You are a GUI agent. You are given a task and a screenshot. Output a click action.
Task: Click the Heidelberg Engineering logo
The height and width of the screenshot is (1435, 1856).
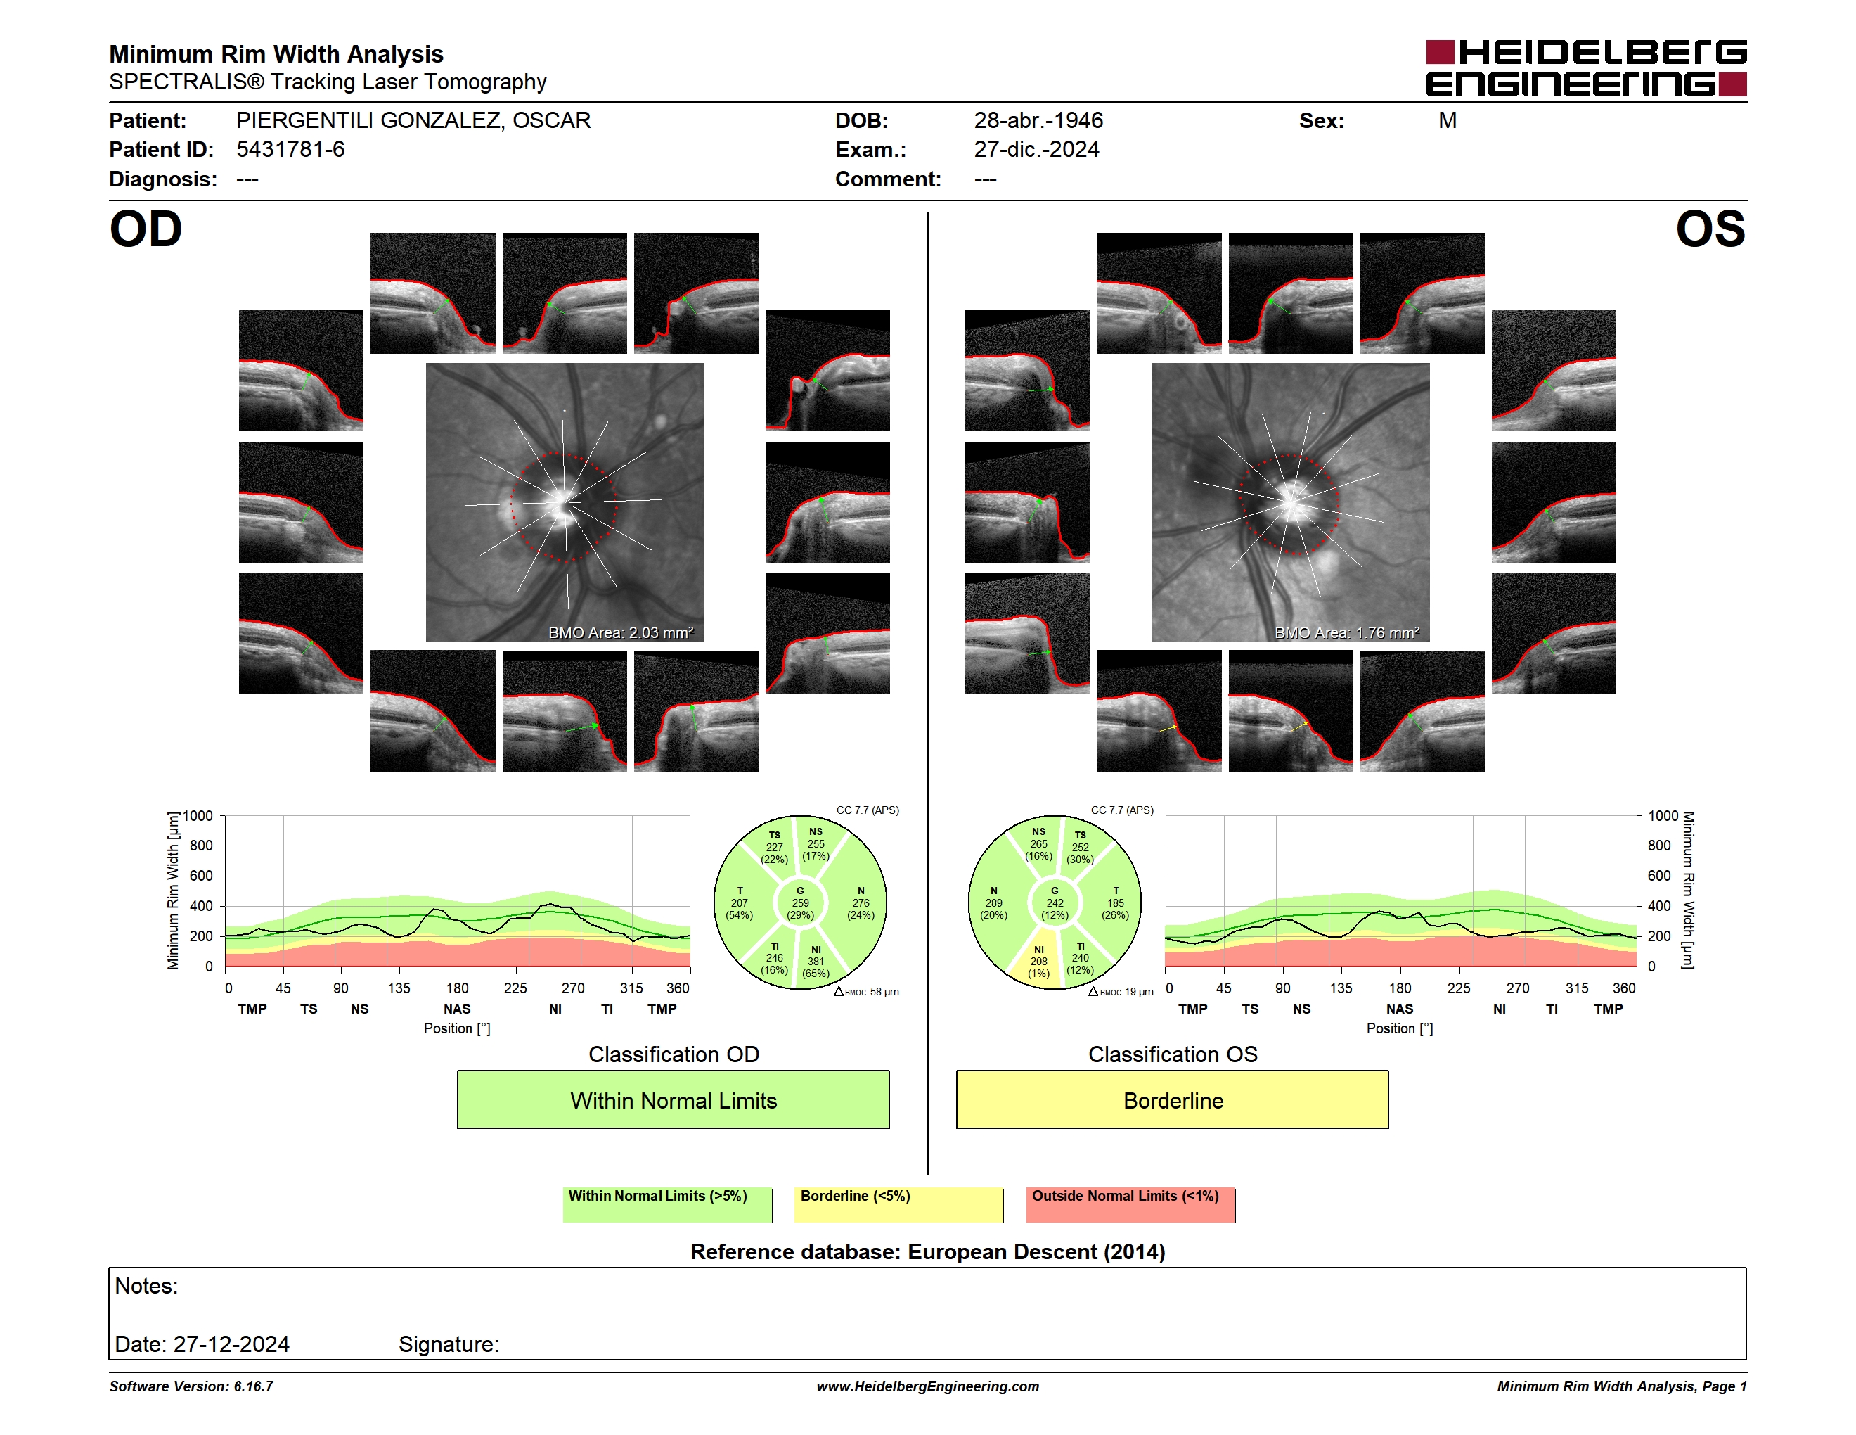pyautogui.click(x=1586, y=68)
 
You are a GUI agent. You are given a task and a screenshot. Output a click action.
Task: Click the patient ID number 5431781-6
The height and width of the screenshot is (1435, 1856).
pyautogui.click(x=290, y=150)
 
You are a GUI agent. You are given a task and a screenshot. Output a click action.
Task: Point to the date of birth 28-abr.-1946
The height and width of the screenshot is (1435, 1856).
pyautogui.click(x=1038, y=121)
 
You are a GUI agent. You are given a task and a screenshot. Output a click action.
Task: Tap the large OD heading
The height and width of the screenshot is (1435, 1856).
pyautogui.click(x=146, y=229)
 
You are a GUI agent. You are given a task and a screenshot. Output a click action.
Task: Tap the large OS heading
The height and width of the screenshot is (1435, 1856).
pyautogui.click(x=1710, y=229)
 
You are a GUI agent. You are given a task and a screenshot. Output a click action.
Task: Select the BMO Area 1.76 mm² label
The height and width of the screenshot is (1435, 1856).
pyautogui.click(x=1347, y=632)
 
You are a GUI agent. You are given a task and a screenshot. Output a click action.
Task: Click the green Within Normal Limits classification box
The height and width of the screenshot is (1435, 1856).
pyautogui.click(x=673, y=1100)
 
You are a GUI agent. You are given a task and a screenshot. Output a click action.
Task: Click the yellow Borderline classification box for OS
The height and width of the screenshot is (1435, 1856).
pyautogui.click(x=1173, y=1100)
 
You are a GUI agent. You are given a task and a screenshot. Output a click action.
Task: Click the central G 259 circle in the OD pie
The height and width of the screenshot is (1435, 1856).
pyautogui.click(x=799, y=903)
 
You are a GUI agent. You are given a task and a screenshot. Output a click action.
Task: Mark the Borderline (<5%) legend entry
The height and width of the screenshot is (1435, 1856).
pyautogui.click(x=899, y=1204)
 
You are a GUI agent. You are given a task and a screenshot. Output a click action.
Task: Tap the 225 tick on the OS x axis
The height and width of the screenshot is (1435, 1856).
pyautogui.click(x=1458, y=988)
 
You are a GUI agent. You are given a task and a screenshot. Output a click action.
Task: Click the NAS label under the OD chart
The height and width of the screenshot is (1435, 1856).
pyautogui.click(x=457, y=1009)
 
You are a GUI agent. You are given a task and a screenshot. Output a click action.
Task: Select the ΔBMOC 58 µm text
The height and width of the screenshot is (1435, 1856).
pyautogui.click(x=866, y=992)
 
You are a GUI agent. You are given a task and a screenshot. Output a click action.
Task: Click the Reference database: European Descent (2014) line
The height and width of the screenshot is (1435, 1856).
pyautogui.click(x=928, y=1251)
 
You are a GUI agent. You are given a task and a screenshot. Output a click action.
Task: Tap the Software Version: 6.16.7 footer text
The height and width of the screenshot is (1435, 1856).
pyautogui.click(x=191, y=1386)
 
